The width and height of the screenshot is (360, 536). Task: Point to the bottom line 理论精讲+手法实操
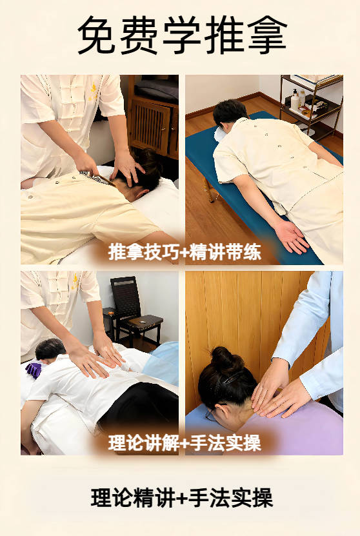[x=181, y=498]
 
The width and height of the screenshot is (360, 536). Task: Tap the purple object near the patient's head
[x=33, y=370]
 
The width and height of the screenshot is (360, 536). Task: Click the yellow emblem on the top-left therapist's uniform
[x=93, y=91]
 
